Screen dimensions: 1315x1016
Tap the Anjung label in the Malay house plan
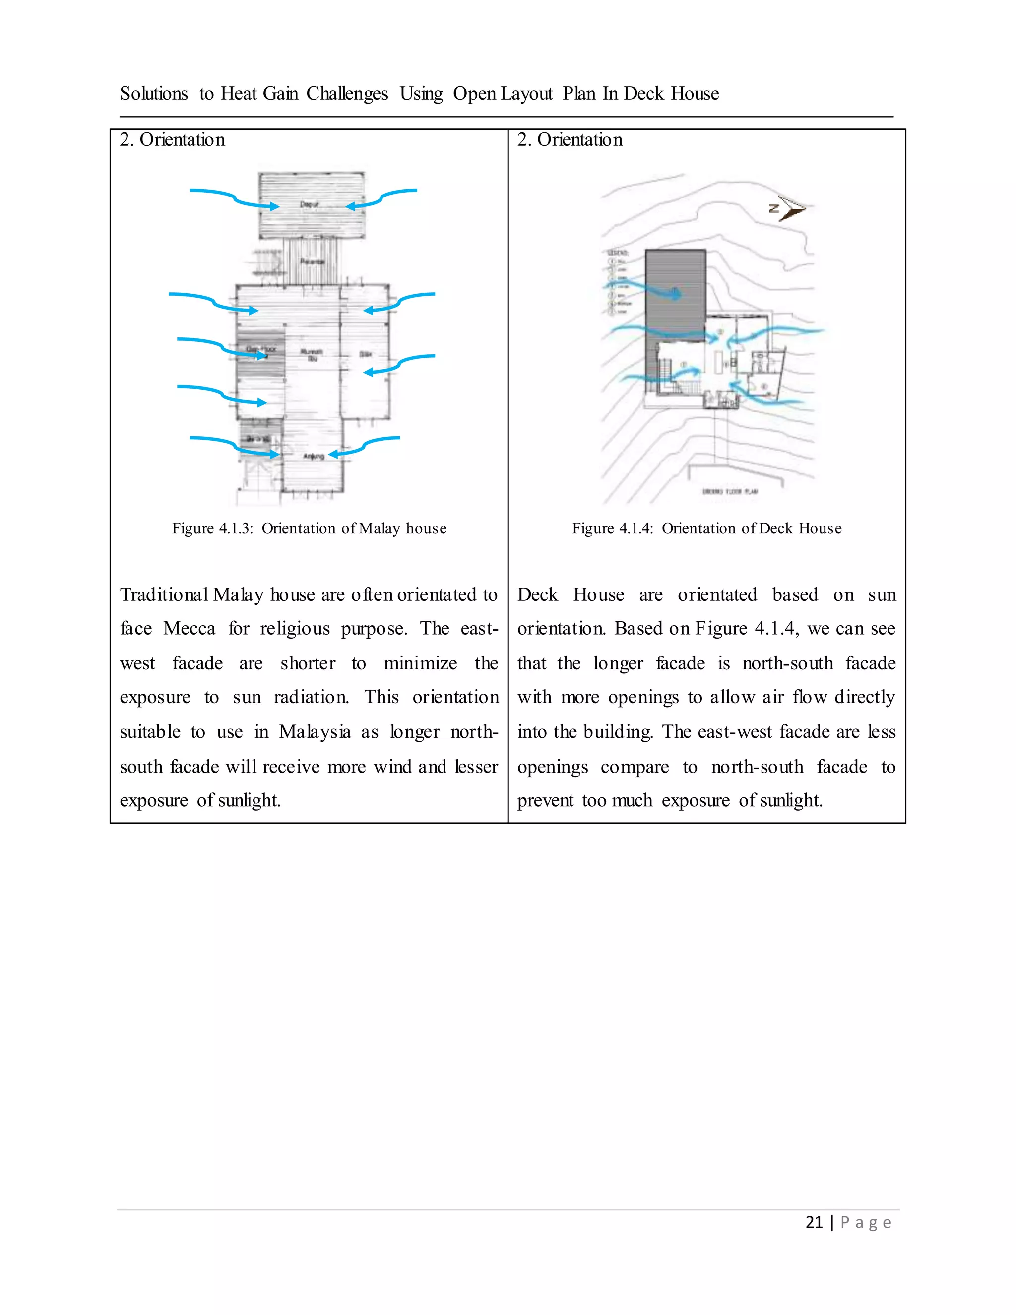coord(314,456)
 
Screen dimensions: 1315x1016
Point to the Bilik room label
coord(365,354)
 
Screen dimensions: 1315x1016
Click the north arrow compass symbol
coord(787,208)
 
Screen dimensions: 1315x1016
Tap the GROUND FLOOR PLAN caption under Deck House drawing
coord(730,491)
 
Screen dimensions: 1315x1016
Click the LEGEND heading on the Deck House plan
coord(618,252)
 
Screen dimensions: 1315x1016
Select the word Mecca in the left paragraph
coord(189,629)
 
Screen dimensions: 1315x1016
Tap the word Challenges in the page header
coord(347,94)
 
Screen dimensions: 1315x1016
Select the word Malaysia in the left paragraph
coord(315,732)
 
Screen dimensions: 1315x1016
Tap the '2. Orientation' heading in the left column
coord(172,140)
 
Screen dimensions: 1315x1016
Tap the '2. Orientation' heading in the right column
coord(570,140)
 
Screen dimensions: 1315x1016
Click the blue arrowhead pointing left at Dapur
coord(350,206)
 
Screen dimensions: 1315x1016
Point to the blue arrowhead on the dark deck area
coord(677,294)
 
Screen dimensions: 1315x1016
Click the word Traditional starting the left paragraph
coord(164,595)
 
